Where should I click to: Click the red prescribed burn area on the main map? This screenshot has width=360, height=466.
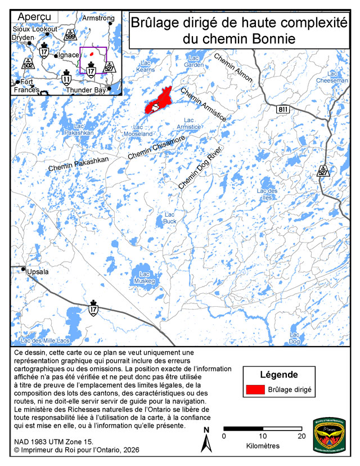[x=161, y=100]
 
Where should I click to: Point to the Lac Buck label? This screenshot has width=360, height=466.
[x=170, y=218]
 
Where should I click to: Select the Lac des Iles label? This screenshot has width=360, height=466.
[x=267, y=194]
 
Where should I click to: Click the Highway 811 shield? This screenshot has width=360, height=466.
[x=282, y=109]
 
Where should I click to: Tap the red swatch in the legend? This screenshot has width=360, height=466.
[x=255, y=389]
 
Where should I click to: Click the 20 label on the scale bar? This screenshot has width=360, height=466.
[x=301, y=436]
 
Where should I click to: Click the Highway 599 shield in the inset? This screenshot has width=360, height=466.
[x=70, y=34]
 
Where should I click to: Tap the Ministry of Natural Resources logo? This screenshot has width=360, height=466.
[x=326, y=434]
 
